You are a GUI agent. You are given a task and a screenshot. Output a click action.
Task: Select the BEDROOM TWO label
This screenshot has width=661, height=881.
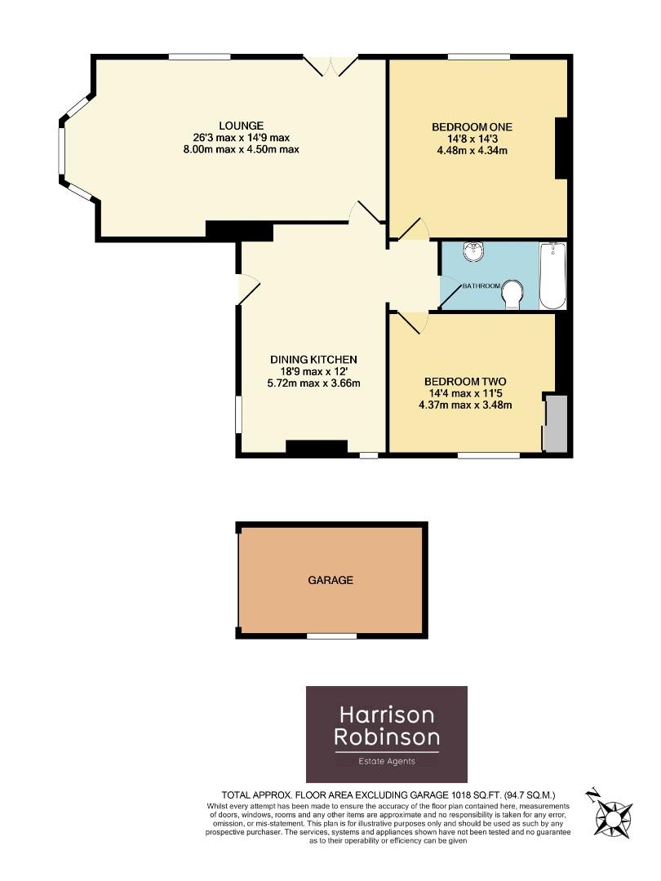pos(465,381)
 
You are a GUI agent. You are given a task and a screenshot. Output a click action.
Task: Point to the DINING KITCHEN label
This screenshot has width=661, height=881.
pos(314,359)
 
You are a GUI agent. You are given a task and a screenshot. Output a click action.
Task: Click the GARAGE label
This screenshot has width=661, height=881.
pos(330,580)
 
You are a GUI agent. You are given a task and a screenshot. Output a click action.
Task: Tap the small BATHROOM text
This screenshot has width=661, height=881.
pos(481,286)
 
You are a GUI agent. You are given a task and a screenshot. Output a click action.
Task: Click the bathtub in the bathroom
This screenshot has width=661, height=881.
pos(553,276)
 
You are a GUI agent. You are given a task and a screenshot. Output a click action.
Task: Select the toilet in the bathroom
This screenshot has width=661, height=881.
pos(512,294)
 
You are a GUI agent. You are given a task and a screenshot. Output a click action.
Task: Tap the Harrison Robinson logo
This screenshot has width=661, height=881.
pos(387,734)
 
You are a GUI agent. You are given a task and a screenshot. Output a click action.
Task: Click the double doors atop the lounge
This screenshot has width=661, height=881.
pos(330,64)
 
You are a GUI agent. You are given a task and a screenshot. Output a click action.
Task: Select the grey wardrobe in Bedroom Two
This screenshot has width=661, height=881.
pos(555,423)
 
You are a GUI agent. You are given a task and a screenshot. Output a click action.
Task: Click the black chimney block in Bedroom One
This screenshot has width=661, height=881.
pos(561,148)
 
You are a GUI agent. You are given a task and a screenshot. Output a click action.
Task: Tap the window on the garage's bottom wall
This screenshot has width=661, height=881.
pos(331,635)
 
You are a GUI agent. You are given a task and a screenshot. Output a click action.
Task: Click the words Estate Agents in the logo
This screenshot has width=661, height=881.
pos(387,761)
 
